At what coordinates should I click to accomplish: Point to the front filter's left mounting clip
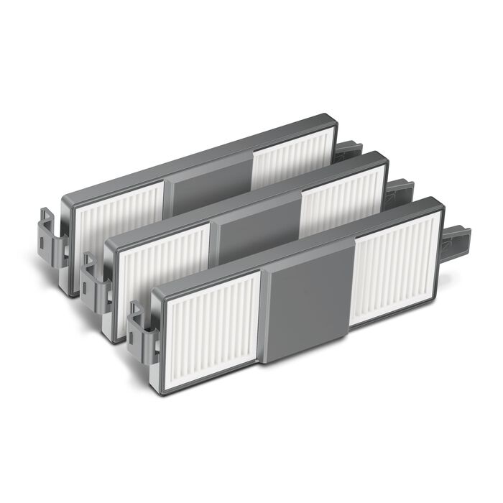[142, 323]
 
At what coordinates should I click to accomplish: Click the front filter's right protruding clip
[457, 236]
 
